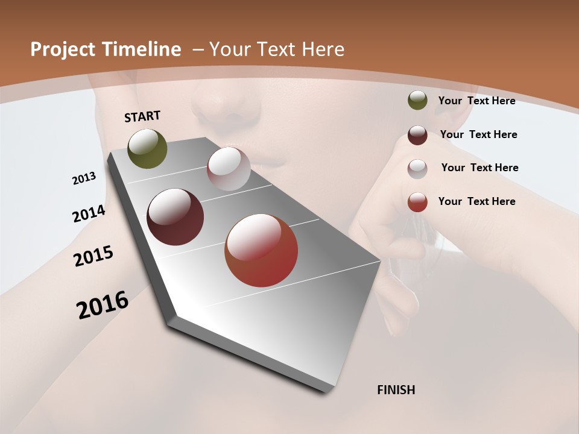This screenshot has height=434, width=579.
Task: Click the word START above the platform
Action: coord(142,116)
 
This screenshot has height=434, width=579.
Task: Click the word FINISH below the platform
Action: coord(396,390)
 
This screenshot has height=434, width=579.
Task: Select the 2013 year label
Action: coord(84,178)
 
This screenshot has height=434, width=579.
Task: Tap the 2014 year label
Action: coord(89,214)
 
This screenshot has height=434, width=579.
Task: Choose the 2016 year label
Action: coord(103,305)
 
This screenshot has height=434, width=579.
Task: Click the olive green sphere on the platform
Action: coord(147,148)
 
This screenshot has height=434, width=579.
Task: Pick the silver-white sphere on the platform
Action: coord(229,169)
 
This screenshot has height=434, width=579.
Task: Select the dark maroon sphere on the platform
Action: coord(175,217)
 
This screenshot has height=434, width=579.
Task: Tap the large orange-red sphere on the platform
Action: coord(261,250)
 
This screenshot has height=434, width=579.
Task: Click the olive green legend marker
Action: coord(417,100)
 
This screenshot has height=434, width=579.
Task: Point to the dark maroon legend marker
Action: coord(417,134)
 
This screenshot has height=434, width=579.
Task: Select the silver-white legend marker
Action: coord(417,168)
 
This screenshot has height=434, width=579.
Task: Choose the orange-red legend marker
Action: coord(417,201)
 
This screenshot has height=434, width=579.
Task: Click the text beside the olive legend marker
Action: coord(476,101)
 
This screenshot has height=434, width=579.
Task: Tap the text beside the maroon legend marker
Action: coord(478,134)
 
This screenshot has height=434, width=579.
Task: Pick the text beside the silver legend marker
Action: coord(479,168)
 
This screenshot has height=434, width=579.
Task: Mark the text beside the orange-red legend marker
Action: coord(476,201)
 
